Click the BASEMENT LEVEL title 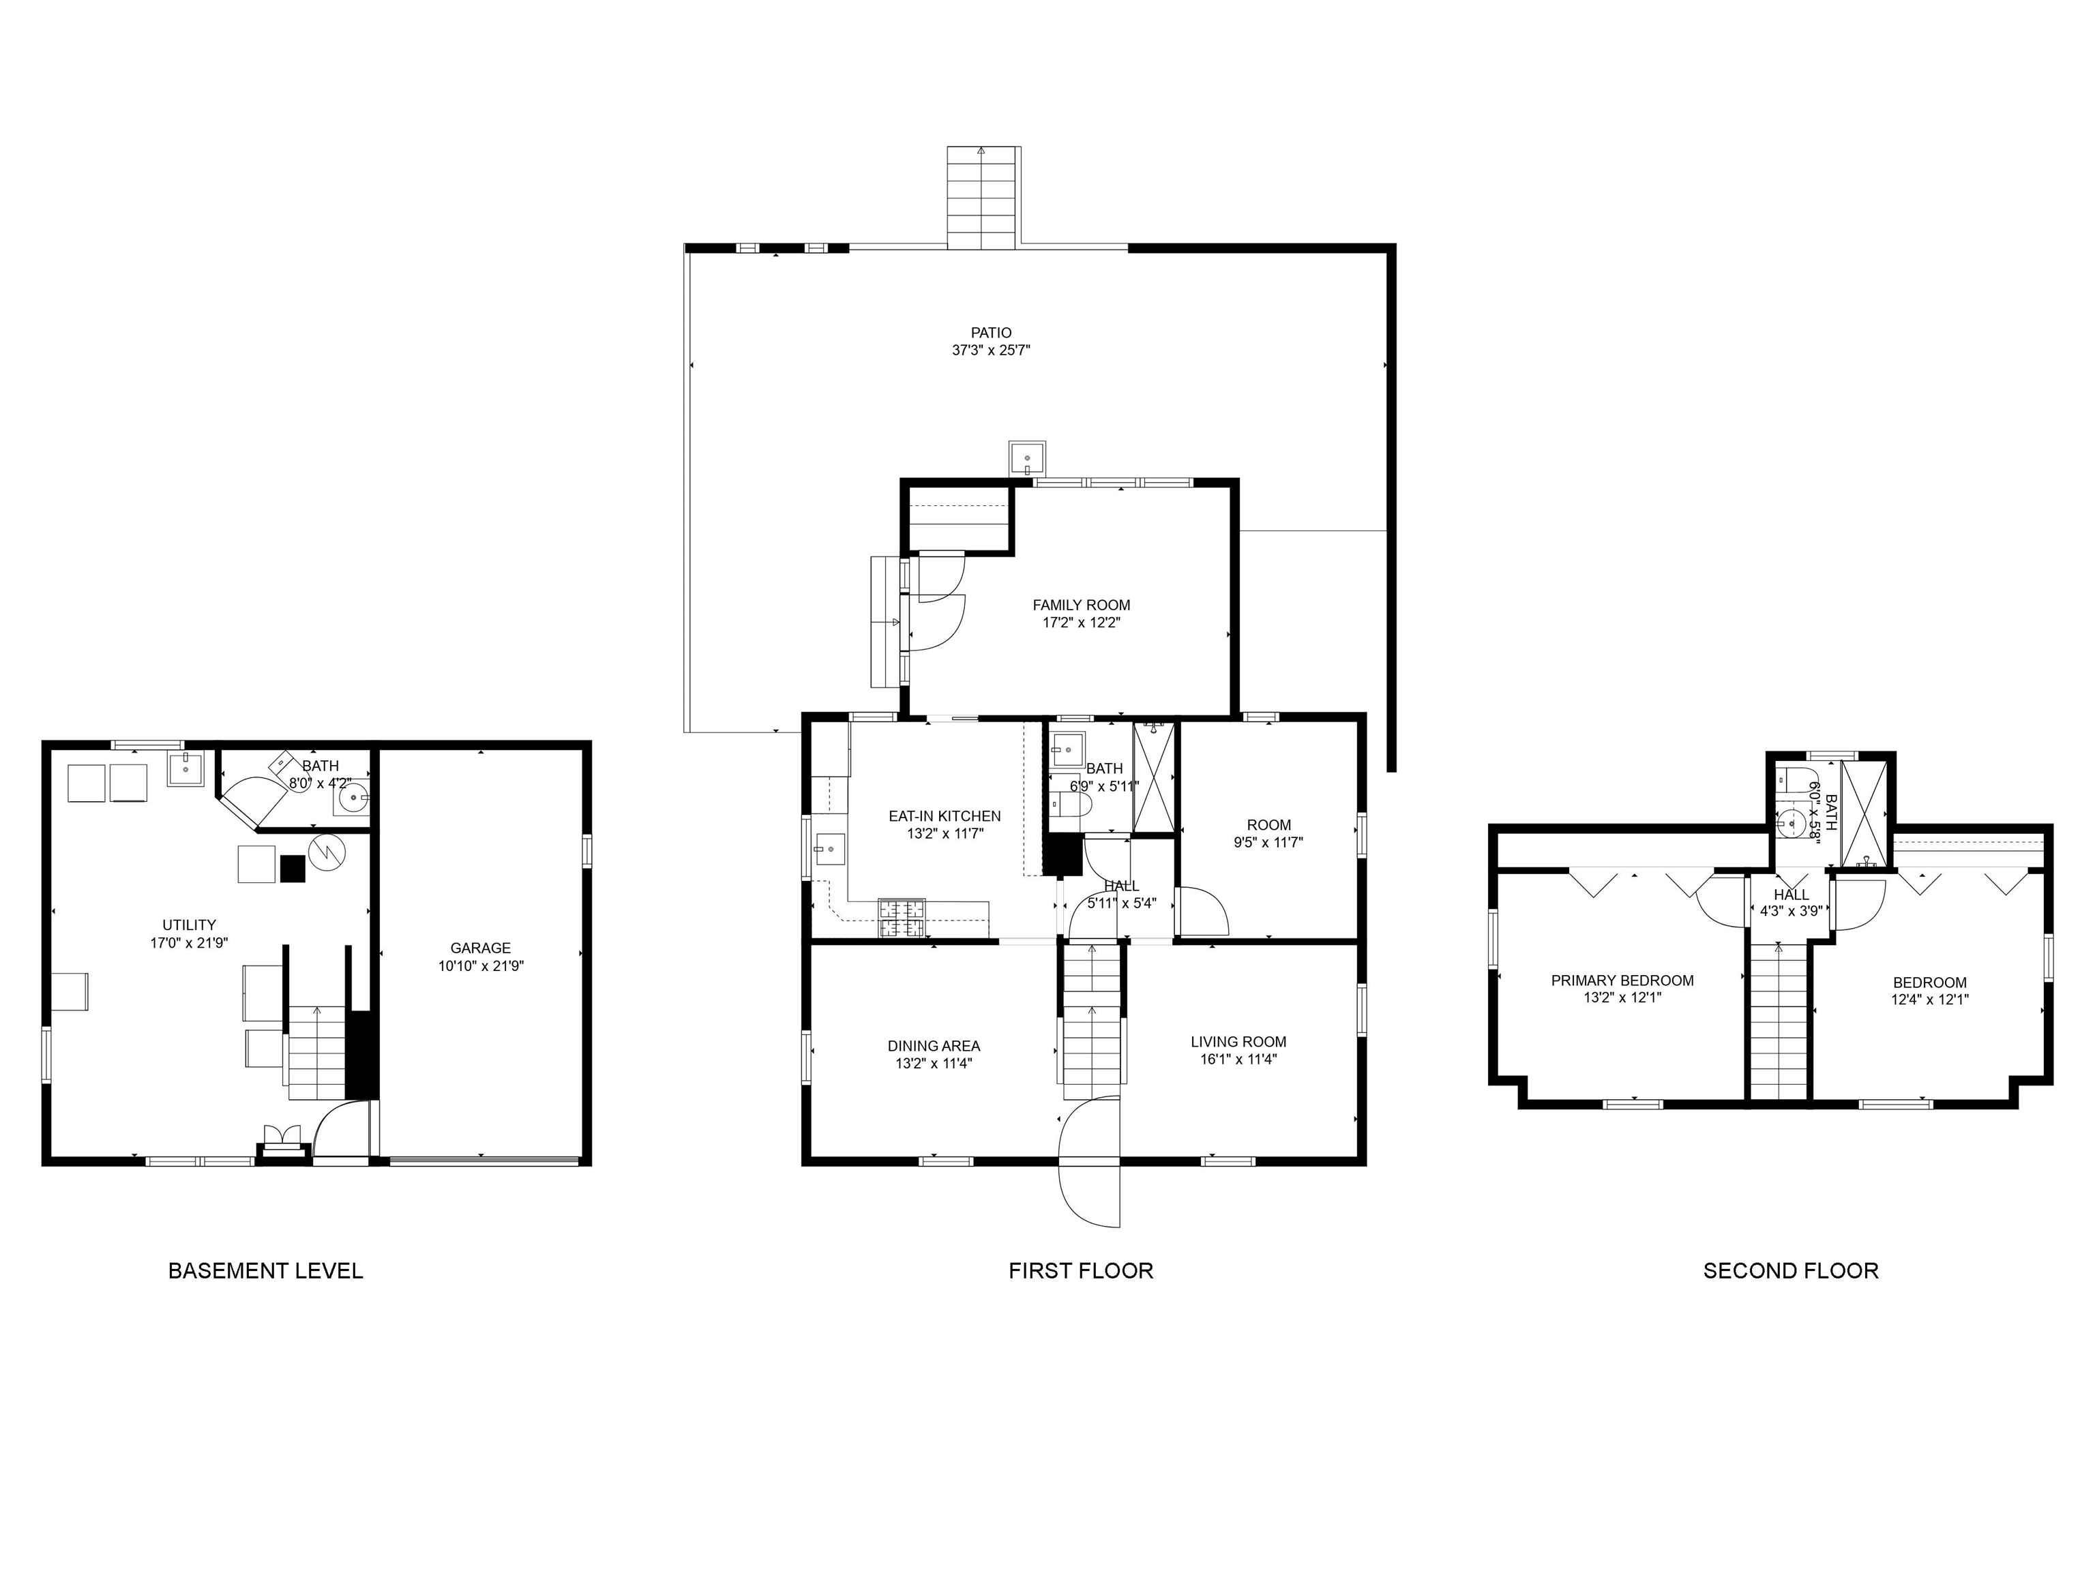[265, 1271]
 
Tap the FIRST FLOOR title [1081, 1271]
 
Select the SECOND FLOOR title [1791, 1271]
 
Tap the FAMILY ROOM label [1082, 605]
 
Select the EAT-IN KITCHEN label [945, 816]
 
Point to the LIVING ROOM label [1239, 1043]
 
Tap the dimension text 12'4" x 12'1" [1930, 999]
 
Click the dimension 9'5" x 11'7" [1269, 842]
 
